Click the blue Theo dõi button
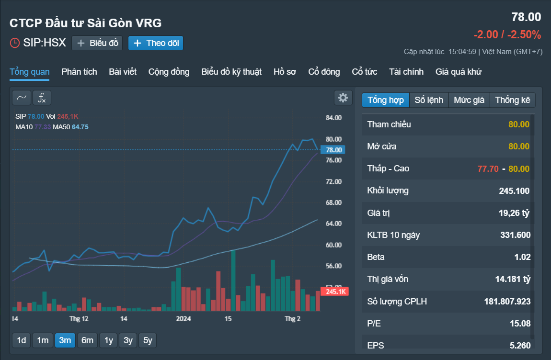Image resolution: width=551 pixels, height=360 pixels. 156,43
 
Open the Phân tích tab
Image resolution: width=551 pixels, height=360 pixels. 79,72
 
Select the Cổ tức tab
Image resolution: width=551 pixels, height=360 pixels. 365,72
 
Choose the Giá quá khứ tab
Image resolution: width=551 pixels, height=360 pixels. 458,72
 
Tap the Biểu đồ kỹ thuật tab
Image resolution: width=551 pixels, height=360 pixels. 231,72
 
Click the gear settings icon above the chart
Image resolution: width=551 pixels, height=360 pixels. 343,98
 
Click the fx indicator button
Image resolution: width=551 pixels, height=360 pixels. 42,98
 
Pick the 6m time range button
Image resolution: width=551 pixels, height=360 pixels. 87,340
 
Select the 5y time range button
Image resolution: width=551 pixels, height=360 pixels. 148,340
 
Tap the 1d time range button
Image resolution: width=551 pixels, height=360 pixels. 22,340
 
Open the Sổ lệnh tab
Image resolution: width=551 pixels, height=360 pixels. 429,100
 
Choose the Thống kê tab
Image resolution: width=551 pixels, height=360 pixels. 512,100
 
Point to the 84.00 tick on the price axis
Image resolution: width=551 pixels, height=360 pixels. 333,118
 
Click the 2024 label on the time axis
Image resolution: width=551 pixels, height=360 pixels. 184,318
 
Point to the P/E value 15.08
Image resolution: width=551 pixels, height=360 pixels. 520,324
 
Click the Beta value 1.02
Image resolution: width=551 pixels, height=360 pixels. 522,257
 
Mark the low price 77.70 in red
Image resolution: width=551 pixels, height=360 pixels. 488,169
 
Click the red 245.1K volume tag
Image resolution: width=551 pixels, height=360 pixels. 334,292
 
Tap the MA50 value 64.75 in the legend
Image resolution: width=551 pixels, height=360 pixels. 80,127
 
